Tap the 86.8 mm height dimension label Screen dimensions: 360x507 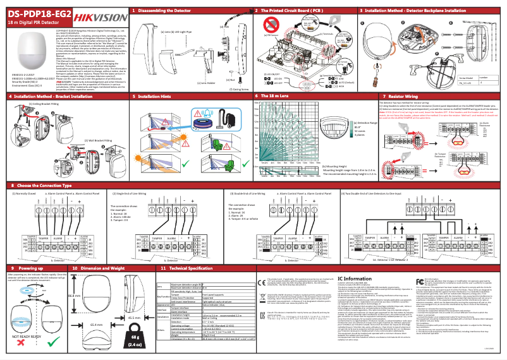(72, 295)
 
